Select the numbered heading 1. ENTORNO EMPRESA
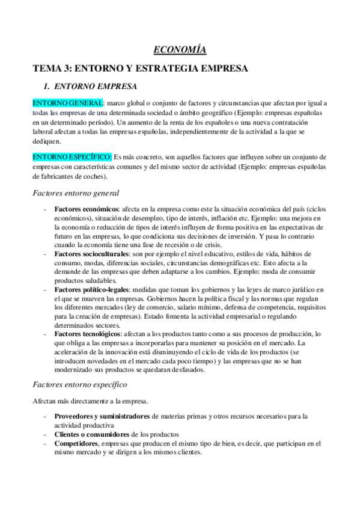click(x=96, y=86)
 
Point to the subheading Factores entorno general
click(x=76, y=193)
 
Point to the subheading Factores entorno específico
click(x=79, y=383)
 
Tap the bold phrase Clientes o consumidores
click(x=91, y=434)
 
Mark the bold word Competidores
click(x=76, y=443)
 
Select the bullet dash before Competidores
click(x=46, y=443)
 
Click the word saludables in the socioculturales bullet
click(x=100, y=281)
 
